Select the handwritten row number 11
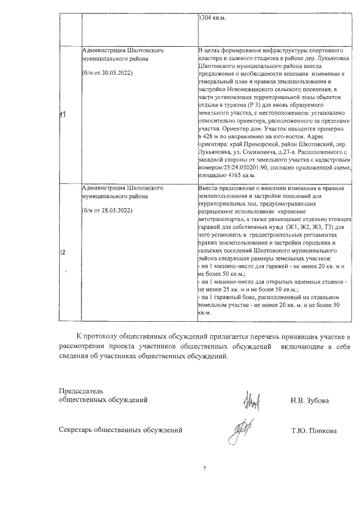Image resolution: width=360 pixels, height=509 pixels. [63, 115]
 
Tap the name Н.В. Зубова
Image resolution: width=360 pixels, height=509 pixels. [310, 400]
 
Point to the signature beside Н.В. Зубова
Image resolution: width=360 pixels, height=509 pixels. [251, 400]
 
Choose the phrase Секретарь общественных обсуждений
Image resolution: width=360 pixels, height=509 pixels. [121, 431]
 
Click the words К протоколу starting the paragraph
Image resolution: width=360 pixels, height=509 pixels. [97, 336]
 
